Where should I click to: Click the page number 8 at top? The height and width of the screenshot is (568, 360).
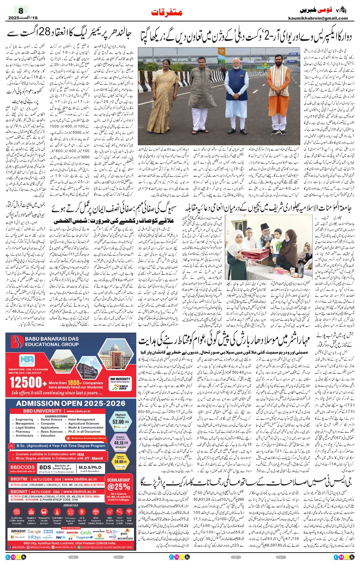(20, 10)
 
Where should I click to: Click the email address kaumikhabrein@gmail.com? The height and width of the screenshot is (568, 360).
(318, 18)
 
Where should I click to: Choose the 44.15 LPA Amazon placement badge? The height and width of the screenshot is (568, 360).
(120, 443)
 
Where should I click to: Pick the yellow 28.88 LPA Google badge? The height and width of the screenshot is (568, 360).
(120, 462)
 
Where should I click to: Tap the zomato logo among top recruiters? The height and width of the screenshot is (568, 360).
(72, 533)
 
